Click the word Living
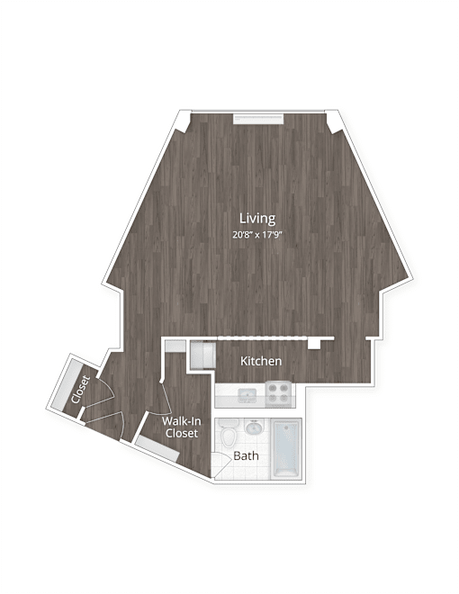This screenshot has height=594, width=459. (257, 219)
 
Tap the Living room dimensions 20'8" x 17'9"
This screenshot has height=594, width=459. (257, 235)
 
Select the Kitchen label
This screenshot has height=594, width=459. (261, 361)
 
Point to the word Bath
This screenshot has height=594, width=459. (246, 455)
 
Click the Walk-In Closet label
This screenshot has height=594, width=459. (182, 427)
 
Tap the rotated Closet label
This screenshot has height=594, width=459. (80, 390)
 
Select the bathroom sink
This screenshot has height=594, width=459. (254, 428)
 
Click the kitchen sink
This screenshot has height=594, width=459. (247, 396)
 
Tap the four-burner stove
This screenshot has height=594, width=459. (280, 395)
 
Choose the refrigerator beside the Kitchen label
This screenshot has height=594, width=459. (202, 355)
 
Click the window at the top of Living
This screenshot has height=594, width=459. (258, 119)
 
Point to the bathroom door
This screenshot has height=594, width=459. (220, 463)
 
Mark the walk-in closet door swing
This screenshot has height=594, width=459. (164, 399)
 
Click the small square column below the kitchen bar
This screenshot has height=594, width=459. (314, 344)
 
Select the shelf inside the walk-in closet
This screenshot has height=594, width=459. (157, 448)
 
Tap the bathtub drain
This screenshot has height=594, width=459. (286, 426)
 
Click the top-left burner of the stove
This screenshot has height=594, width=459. (273, 388)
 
